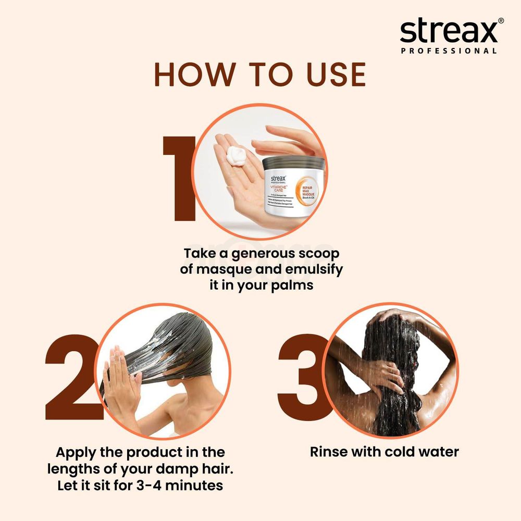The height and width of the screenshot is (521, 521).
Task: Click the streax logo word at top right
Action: click(x=448, y=32)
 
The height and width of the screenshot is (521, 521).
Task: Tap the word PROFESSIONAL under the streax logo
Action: click(x=448, y=51)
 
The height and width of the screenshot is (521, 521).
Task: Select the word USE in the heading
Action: click(x=335, y=75)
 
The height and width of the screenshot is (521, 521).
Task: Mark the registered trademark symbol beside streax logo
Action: click(x=501, y=21)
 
